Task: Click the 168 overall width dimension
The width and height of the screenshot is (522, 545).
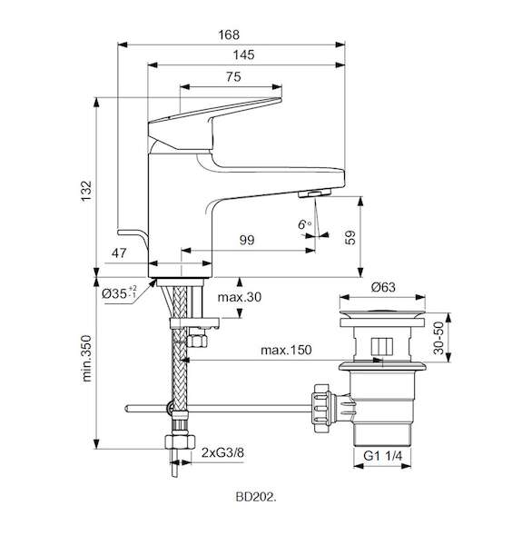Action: pos(229,35)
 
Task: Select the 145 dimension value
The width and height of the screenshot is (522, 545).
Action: pos(243,54)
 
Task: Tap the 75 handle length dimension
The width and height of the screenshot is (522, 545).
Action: pos(233,76)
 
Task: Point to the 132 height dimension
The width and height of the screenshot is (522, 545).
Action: pos(86,191)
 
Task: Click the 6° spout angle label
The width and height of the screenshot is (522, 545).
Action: pos(305,224)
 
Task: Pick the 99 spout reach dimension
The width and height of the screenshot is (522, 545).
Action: pos(247,240)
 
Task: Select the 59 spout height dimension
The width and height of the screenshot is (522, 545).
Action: pos(350,238)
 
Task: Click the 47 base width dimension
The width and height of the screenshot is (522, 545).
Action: pos(119,253)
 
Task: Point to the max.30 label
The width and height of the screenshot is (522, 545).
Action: pos(240,297)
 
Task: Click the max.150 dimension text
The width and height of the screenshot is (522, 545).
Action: pos(286,350)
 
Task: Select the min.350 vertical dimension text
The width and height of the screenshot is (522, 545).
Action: pos(86,359)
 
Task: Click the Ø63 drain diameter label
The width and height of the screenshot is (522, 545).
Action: pos(383,287)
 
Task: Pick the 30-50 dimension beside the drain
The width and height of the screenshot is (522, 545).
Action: pos(438,338)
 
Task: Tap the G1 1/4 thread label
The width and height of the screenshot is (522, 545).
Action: pos(383,456)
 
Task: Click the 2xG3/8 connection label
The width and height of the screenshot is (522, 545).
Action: pos(222,452)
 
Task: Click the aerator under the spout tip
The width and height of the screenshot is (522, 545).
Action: pos(315,193)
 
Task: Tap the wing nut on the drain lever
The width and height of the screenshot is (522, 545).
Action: pos(320,408)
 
